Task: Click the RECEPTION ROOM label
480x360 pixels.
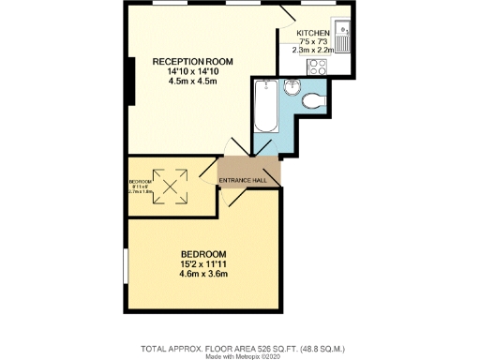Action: pos(194,62)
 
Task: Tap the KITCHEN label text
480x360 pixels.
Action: pos(313,33)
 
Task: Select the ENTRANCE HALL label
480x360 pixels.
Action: pos(249,180)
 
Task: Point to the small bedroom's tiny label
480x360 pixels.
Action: pos(141,181)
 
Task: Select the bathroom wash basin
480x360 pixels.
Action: pos(292,88)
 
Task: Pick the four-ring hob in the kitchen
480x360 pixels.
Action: pos(317,67)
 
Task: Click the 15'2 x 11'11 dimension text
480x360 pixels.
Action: pos(203,265)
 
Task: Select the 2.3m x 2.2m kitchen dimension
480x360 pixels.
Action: pos(314,51)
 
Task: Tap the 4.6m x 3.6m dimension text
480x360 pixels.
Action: pos(203,277)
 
